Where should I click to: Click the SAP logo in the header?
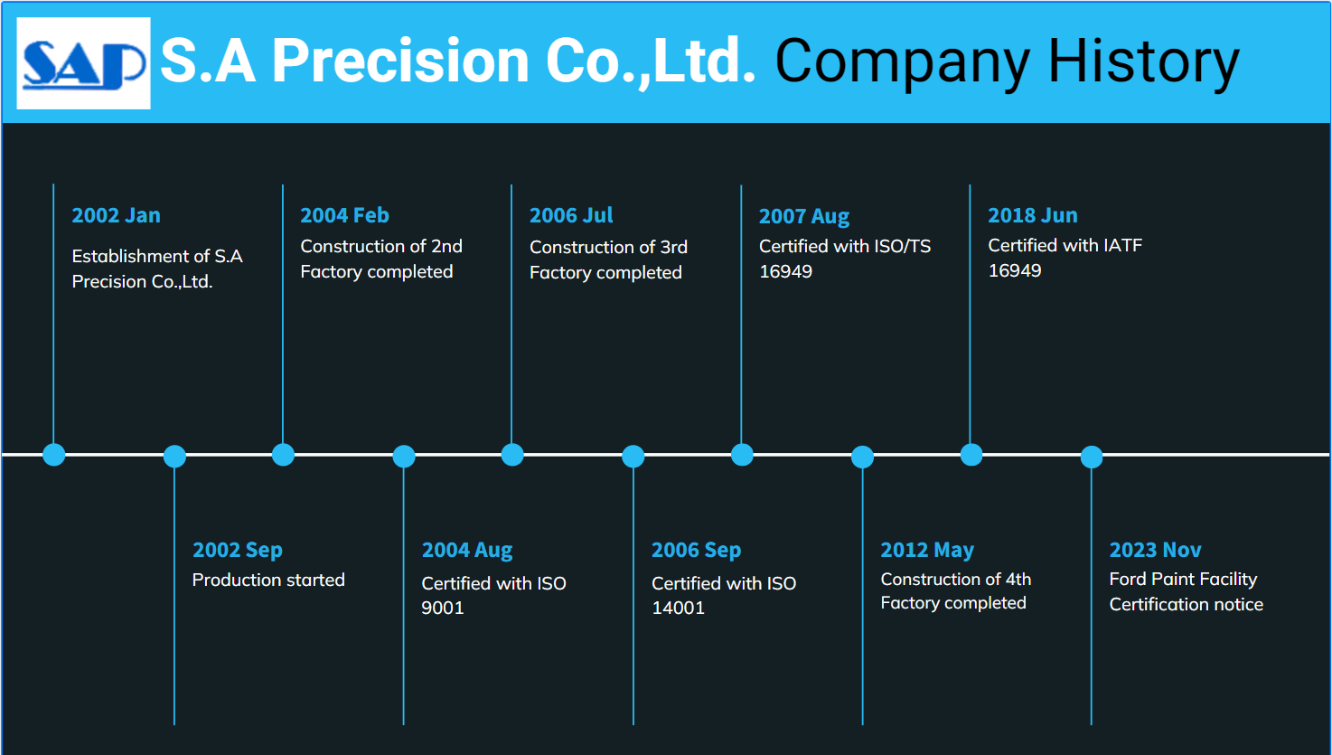tap(83, 63)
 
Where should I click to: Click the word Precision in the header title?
tap(400, 60)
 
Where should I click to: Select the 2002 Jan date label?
tap(116, 215)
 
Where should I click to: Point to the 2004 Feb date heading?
tap(344, 215)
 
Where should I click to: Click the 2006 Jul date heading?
tap(571, 215)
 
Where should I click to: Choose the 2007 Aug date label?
tap(804, 217)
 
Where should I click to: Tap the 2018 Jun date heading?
tap(1032, 215)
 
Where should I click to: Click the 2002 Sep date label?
tap(238, 551)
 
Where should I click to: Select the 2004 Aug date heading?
tap(467, 551)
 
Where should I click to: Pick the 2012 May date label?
tap(927, 551)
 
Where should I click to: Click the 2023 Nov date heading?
tap(1155, 550)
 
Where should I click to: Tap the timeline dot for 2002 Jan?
tap(54, 455)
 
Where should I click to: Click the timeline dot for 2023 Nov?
tap(1091, 457)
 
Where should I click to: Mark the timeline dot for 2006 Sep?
tap(633, 457)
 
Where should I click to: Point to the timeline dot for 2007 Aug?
tap(742, 455)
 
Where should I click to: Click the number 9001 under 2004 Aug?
tap(443, 608)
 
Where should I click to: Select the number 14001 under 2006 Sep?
tap(678, 608)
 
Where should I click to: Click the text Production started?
tap(268, 580)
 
